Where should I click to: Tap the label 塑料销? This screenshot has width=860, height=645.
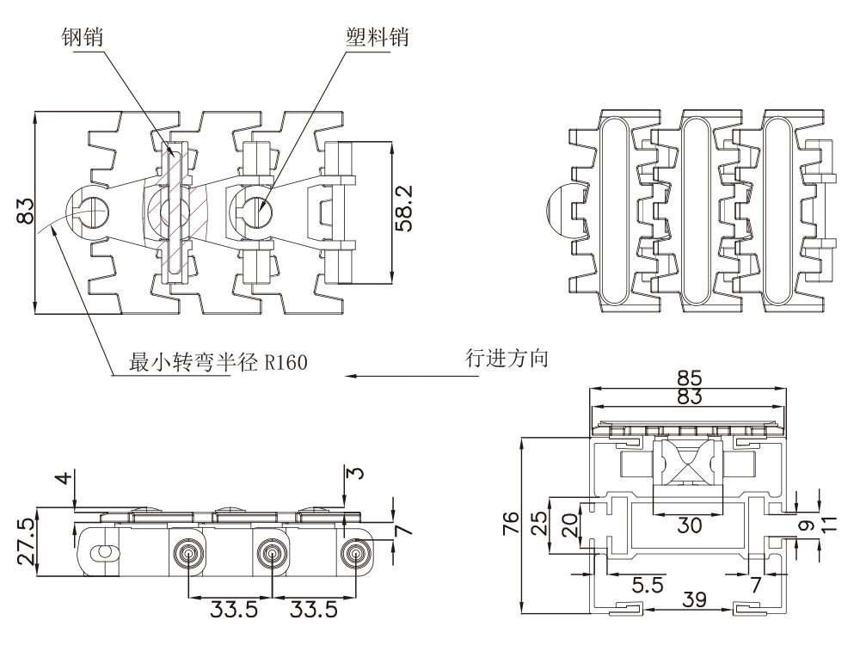375,38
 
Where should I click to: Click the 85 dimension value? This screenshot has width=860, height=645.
689,378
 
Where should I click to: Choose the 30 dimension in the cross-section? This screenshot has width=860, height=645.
689,524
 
